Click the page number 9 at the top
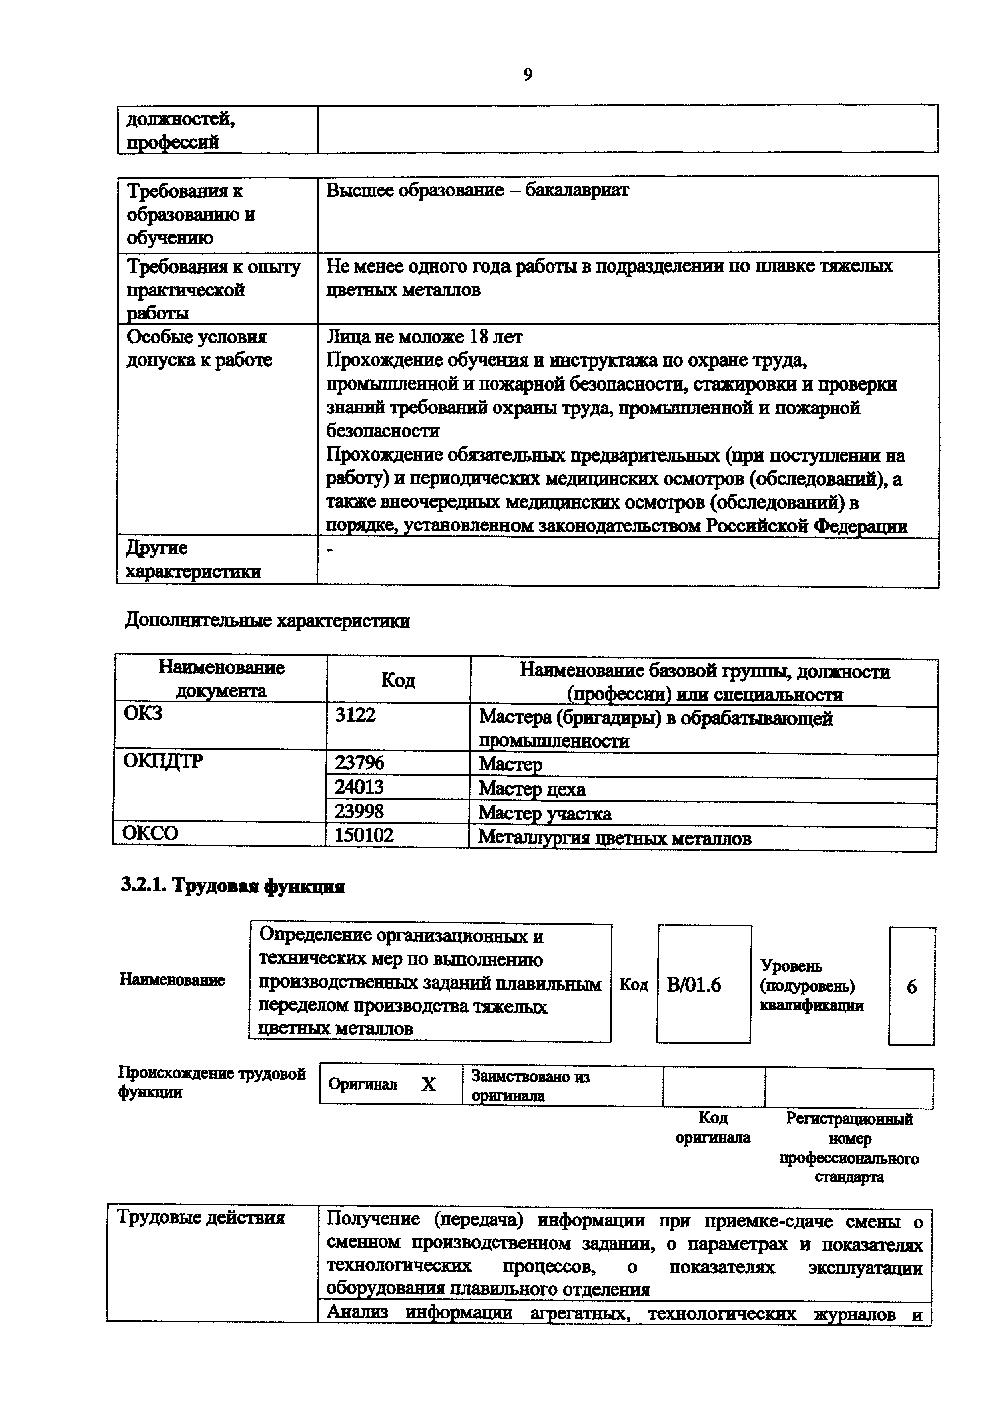click(x=528, y=74)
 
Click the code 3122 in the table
click(x=355, y=714)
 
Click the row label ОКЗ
click(x=143, y=713)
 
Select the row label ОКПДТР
click(x=163, y=762)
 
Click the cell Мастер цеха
click(x=532, y=789)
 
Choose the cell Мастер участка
click(x=544, y=814)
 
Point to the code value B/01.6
click(x=694, y=985)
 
